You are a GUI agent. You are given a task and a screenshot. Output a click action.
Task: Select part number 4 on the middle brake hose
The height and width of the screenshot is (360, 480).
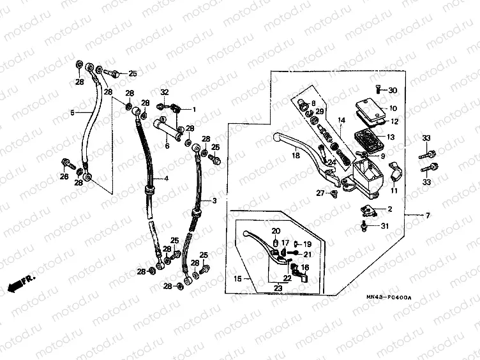166,178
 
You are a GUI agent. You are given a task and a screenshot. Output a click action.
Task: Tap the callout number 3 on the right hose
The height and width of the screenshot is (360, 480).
214,200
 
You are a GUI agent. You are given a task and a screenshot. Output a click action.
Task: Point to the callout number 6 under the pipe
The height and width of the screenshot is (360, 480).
167,146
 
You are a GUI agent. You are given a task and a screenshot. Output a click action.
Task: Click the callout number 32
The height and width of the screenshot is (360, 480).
164,93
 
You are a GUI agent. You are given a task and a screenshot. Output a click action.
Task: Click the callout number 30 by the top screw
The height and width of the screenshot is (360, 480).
393,90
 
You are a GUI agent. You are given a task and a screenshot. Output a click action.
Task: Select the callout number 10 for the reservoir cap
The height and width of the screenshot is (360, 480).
393,109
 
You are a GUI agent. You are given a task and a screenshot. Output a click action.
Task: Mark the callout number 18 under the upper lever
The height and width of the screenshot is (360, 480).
296,155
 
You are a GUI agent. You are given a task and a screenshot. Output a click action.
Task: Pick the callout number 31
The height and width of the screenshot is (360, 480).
384,225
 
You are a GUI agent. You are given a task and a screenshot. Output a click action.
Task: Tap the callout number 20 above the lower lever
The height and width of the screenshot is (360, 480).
276,230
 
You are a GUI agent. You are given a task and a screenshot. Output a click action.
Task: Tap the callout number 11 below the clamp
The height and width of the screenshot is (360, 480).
393,190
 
